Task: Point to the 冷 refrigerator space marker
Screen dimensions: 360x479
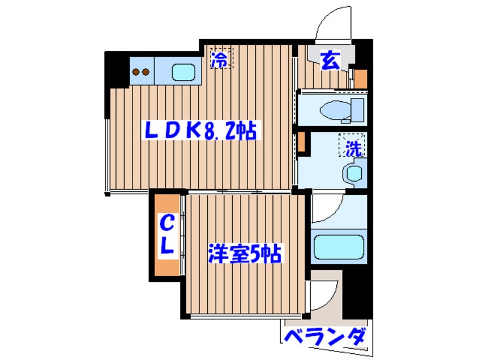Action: (221, 59)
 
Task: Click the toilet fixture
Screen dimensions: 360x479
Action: (343, 109)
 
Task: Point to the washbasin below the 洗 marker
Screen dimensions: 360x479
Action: (353, 173)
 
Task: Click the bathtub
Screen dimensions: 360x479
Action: (338, 247)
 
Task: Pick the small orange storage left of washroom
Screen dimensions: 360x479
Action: (302, 142)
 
